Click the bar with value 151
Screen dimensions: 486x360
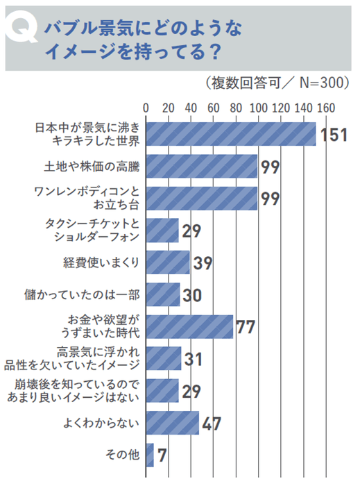pos(230,134)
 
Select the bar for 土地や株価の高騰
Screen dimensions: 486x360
pos(202,166)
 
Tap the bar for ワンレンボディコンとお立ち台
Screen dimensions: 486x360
pos(202,198)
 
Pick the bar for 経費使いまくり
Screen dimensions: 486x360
pos(168,262)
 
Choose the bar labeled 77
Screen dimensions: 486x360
pos(189,326)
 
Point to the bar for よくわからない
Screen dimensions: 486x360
pos(173,421)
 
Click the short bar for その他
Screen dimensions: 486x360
pos(150,454)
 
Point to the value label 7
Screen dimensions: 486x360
pos(161,455)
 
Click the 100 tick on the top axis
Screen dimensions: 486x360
pos(258,108)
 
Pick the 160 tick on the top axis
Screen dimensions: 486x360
pos(325,108)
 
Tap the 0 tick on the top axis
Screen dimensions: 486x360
pos(146,108)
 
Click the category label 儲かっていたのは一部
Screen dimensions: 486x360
pos(85,294)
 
